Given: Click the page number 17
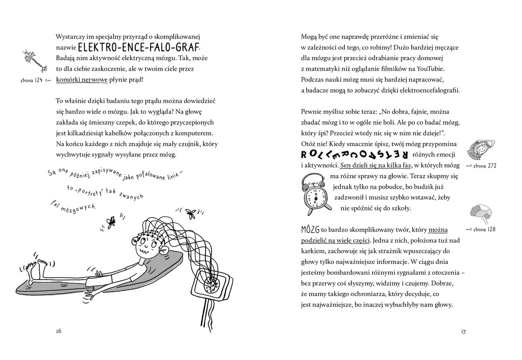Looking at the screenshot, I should [x=463, y=332].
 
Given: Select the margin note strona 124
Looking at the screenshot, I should [x=36, y=80].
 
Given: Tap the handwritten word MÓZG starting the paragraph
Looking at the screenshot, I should [x=310, y=229].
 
